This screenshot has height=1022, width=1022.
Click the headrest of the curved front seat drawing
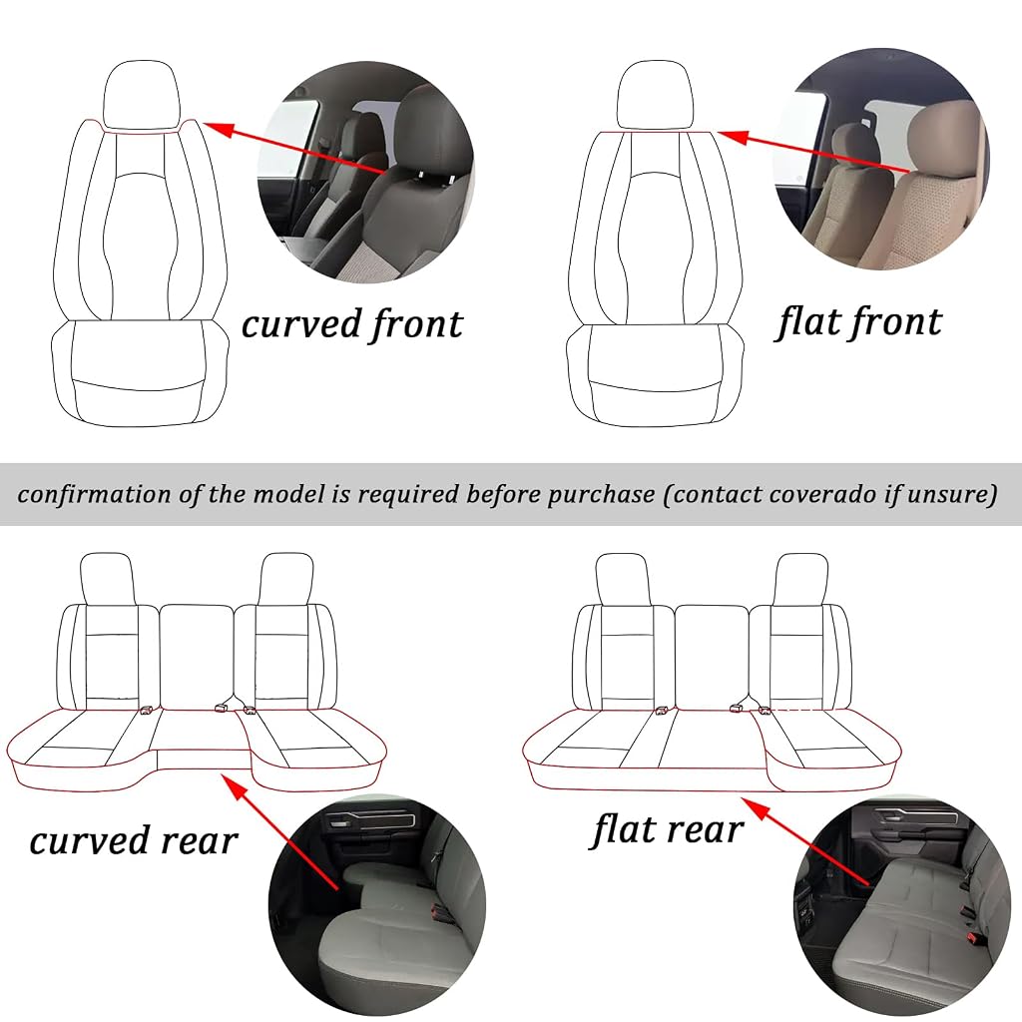click(141, 95)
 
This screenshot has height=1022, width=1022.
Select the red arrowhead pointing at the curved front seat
click(217, 129)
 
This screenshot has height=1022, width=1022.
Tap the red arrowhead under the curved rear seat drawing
click(235, 786)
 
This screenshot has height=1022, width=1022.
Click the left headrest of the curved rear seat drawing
click(107, 580)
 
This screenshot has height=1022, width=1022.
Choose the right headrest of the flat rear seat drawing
click(801, 580)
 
